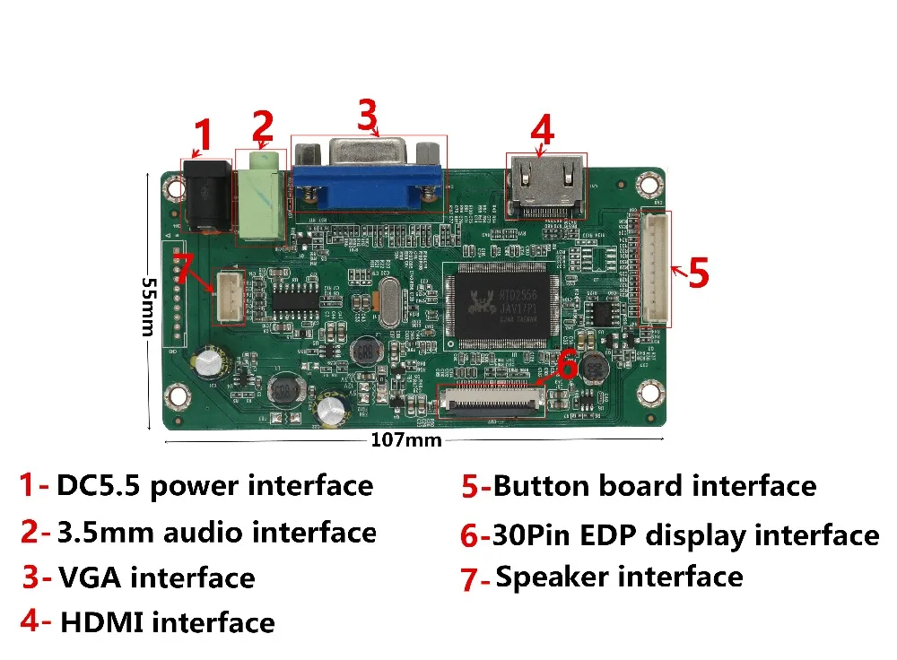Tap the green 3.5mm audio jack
259,197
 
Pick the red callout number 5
699,273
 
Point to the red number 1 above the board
204,137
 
